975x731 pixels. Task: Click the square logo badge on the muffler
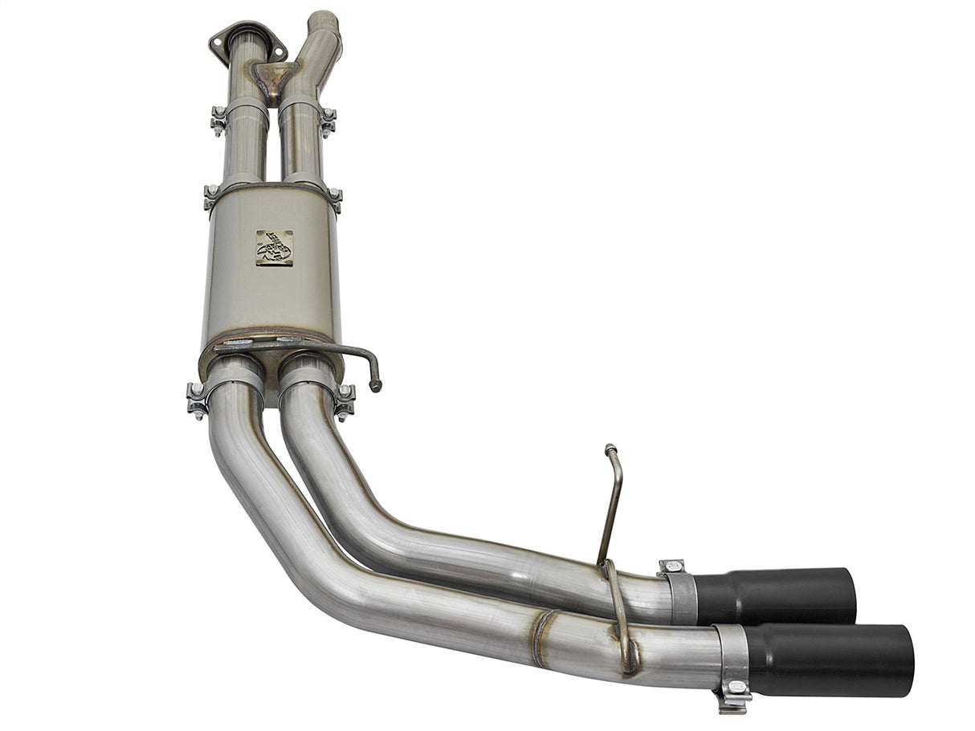(274, 248)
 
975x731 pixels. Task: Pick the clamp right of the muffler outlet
(345, 399)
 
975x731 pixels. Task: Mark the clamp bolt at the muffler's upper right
(334, 197)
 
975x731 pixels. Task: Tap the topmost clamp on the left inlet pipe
(218, 119)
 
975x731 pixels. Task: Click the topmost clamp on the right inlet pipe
(327, 120)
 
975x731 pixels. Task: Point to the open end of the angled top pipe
(324, 18)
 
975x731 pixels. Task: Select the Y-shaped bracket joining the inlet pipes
(274, 77)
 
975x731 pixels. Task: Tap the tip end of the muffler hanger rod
(375, 386)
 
